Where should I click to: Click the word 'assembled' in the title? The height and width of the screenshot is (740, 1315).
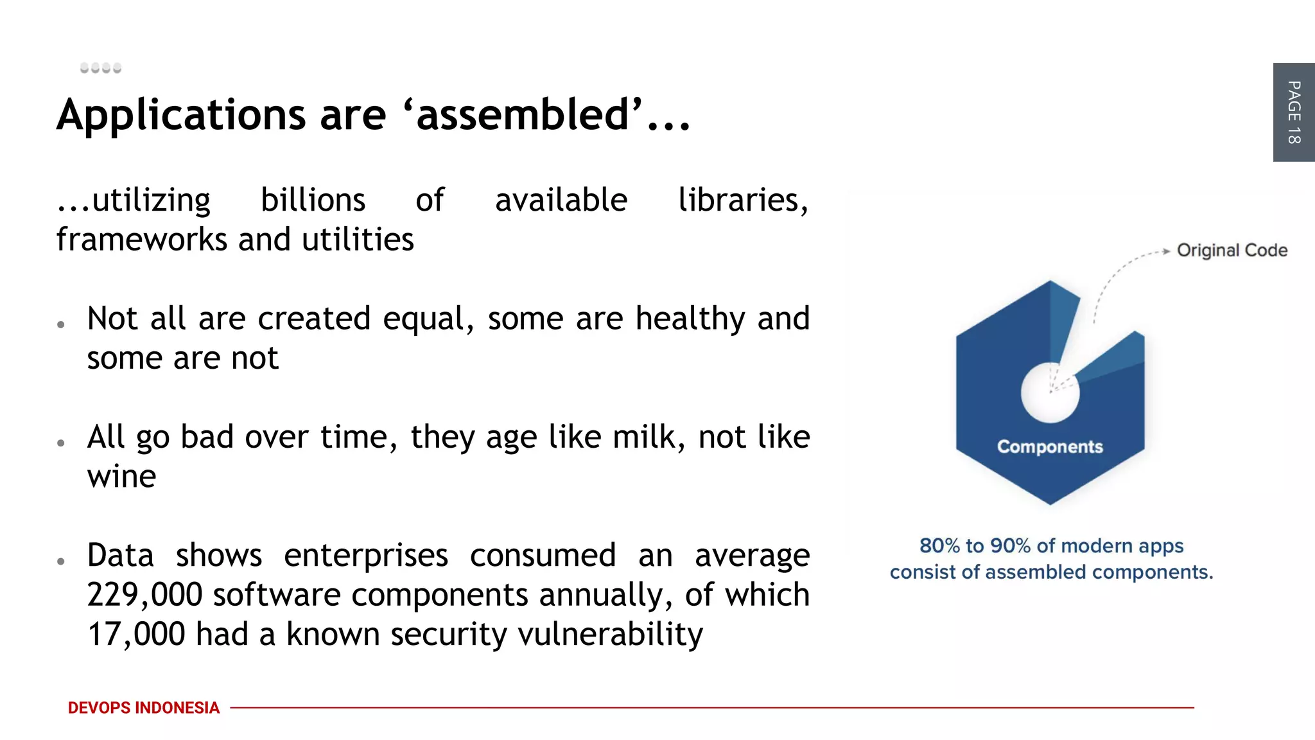coord(521,114)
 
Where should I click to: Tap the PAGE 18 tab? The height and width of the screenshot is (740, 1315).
coord(1293,112)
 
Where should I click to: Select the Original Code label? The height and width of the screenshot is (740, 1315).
coord(1232,250)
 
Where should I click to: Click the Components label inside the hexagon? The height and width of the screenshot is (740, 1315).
coord(1050,446)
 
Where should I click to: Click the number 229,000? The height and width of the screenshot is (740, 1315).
coord(144,595)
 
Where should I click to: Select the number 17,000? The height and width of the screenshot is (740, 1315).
coord(136,634)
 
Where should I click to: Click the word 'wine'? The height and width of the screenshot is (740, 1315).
coord(121,477)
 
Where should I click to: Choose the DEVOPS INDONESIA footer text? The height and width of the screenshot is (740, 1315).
coord(143,708)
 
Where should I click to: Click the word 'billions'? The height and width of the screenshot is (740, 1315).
coord(313,200)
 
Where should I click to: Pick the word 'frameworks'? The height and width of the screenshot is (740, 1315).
coord(141,240)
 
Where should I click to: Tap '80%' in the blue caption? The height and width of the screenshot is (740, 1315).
coord(939,546)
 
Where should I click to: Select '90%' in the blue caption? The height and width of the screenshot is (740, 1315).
coord(1010,546)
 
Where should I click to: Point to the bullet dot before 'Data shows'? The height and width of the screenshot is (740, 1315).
coord(61,561)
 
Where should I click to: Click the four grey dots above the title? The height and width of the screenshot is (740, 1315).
coord(101,68)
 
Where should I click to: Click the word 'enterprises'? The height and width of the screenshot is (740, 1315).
coord(365,555)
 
